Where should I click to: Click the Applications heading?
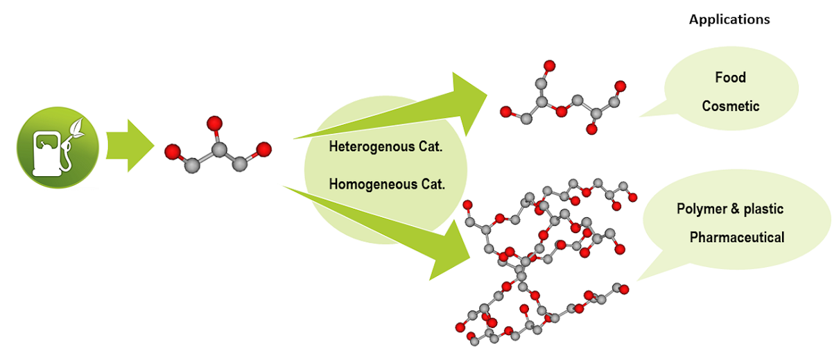tap(729, 19)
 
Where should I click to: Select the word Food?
tap(730, 77)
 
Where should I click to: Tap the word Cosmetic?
tap(730, 106)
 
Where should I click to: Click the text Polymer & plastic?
tap(729, 209)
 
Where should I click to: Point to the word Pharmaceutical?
tap(736, 238)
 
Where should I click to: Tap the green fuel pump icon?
tap(53, 151)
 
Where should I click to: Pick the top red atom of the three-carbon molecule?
tap(214, 124)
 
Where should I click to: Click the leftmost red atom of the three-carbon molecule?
tap(173, 151)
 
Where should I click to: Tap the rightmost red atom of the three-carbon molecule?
tap(263, 149)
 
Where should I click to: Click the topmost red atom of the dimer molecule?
tap(549, 67)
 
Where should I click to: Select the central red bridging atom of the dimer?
tap(562, 109)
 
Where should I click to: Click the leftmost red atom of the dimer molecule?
tap(505, 111)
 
